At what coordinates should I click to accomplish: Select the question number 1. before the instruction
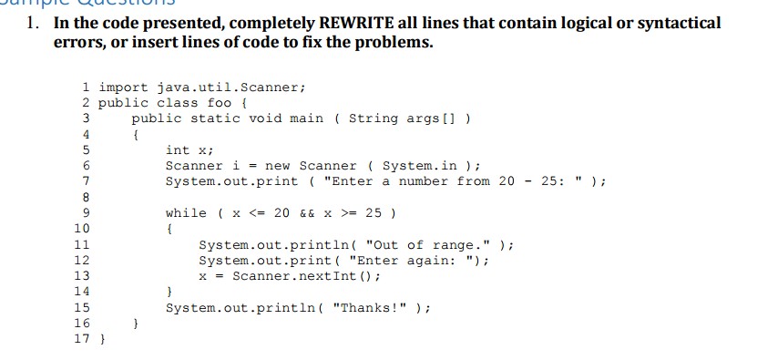pyautogui.click(x=34, y=23)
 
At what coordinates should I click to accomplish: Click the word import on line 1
pyautogui.click(x=124, y=87)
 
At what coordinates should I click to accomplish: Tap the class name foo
pyautogui.click(x=220, y=103)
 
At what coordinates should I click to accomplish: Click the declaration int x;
pyautogui.click(x=189, y=149)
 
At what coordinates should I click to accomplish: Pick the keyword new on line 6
pyautogui.click(x=278, y=165)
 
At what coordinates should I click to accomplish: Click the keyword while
pyautogui.click(x=186, y=212)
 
